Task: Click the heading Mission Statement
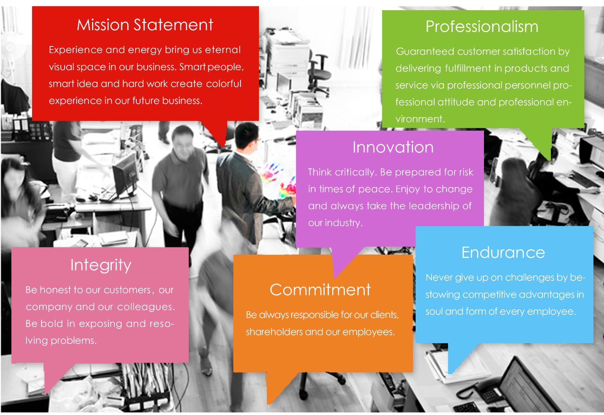tap(145, 25)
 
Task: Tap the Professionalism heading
tap(482, 27)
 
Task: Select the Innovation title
tap(393, 147)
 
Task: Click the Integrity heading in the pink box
tap(101, 265)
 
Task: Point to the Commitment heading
tap(320, 290)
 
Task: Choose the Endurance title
tap(503, 253)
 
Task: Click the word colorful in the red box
tap(223, 84)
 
